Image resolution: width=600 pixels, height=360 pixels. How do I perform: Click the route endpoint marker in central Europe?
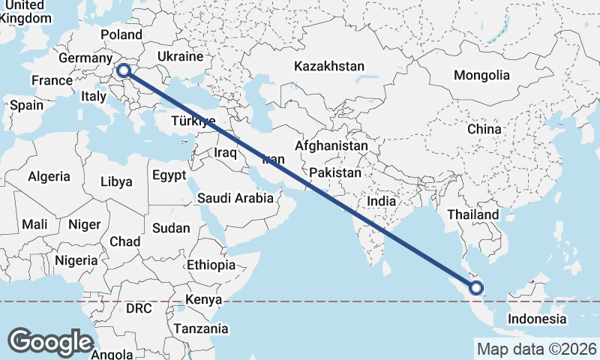tap(124, 71)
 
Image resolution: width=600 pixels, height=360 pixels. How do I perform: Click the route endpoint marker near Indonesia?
tap(475, 288)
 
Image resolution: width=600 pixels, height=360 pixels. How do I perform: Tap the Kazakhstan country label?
tap(329, 66)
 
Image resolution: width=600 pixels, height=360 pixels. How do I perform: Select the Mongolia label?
tap(481, 75)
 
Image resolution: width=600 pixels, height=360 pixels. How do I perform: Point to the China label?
tap(484, 129)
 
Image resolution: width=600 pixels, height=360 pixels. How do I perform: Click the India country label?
tap(381, 201)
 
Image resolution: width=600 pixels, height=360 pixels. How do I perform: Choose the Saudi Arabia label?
tap(235, 199)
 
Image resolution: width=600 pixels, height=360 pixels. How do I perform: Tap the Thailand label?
tap(472, 214)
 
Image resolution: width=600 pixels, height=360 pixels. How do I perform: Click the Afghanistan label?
tap(332, 145)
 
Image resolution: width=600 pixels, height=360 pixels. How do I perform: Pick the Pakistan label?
tap(334, 172)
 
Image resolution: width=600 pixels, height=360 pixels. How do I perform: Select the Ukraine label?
tap(180, 56)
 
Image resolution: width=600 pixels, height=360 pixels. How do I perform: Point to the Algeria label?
tap(49, 177)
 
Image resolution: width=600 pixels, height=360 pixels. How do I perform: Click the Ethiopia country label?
tap(211, 265)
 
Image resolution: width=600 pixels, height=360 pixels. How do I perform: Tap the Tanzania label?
tap(200, 328)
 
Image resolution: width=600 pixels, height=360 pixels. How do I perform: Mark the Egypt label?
tap(169, 175)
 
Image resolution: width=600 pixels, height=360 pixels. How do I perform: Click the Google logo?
tap(50, 341)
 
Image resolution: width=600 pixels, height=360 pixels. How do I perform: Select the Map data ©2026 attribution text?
tap(537, 349)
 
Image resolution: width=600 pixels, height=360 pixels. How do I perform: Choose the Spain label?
tap(26, 106)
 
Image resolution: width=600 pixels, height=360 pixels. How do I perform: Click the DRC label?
tap(139, 308)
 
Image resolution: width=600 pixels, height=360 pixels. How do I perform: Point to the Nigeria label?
tap(76, 260)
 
